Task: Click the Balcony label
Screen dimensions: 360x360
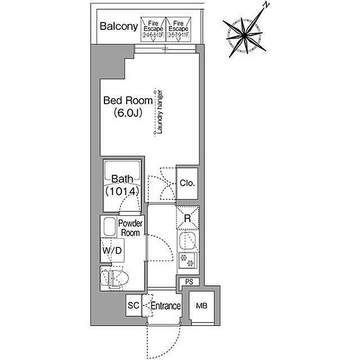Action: pos(119,26)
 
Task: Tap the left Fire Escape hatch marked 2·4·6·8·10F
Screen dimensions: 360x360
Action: pos(154,29)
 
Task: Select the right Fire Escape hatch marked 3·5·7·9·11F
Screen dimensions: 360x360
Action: pos(178,29)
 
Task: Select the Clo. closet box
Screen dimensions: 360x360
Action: pos(187,183)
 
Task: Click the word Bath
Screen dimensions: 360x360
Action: pos(122,179)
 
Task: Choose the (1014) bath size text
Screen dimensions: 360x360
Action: pos(122,191)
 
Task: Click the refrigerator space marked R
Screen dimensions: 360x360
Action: pos(188,219)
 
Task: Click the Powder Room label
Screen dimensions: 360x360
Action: pos(130,228)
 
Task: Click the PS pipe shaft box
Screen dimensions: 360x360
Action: pos(189,282)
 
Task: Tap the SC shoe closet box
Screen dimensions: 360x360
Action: pos(134,305)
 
